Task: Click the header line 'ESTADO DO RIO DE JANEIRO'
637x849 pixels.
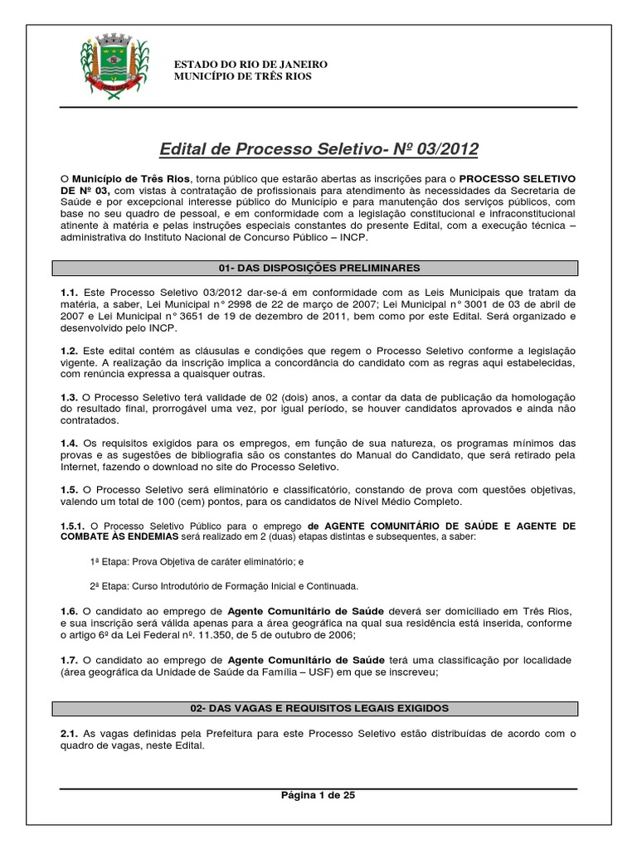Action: pyautogui.click(x=249, y=65)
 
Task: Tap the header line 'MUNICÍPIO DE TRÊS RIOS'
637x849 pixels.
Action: pyautogui.click(x=243, y=77)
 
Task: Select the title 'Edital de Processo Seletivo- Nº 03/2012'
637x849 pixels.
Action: pyautogui.click(x=318, y=149)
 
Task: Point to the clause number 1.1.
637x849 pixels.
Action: pyautogui.click(x=69, y=292)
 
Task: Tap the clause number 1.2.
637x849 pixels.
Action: pyautogui.click(x=69, y=352)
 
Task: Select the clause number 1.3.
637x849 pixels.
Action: pyautogui.click(x=69, y=398)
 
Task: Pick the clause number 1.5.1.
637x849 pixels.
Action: pyautogui.click(x=72, y=526)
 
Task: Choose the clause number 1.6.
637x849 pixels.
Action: pyautogui.click(x=69, y=612)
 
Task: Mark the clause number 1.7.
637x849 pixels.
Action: pyautogui.click(x=69, y=660)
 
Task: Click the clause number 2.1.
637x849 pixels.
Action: pyautogui.click(x=69, y=733)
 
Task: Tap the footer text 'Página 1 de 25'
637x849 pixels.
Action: pyautogui.click(x=318, y=794)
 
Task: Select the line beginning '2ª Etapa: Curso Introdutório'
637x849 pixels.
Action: pyautogui.click(x=224, y=586)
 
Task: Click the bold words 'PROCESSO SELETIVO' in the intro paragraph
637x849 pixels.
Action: pyautogui.click(x=518, y=178)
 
